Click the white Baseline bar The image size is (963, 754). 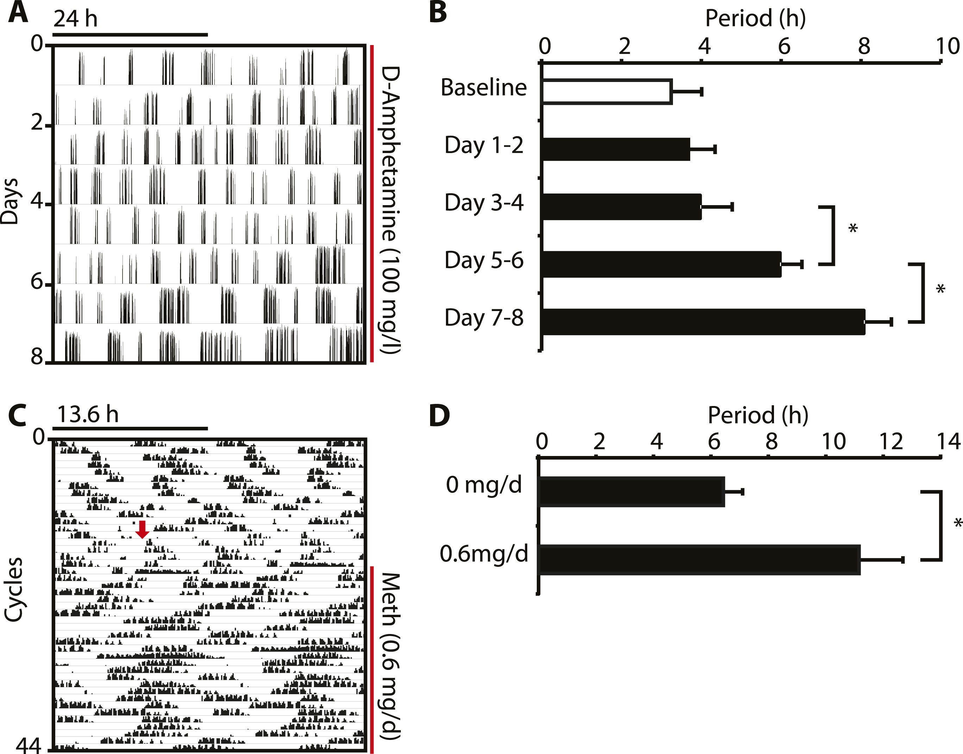(x=607, y=92)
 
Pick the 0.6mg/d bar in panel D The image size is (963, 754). (x=700, y=560)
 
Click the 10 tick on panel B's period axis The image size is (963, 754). (x=947, y=46)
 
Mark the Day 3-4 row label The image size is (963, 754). (x=484, y=203)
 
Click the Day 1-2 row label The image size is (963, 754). (x=484, y=145)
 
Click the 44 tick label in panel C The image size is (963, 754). (x=29, y=746)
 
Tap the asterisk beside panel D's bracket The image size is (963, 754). (x=958, y=523)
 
